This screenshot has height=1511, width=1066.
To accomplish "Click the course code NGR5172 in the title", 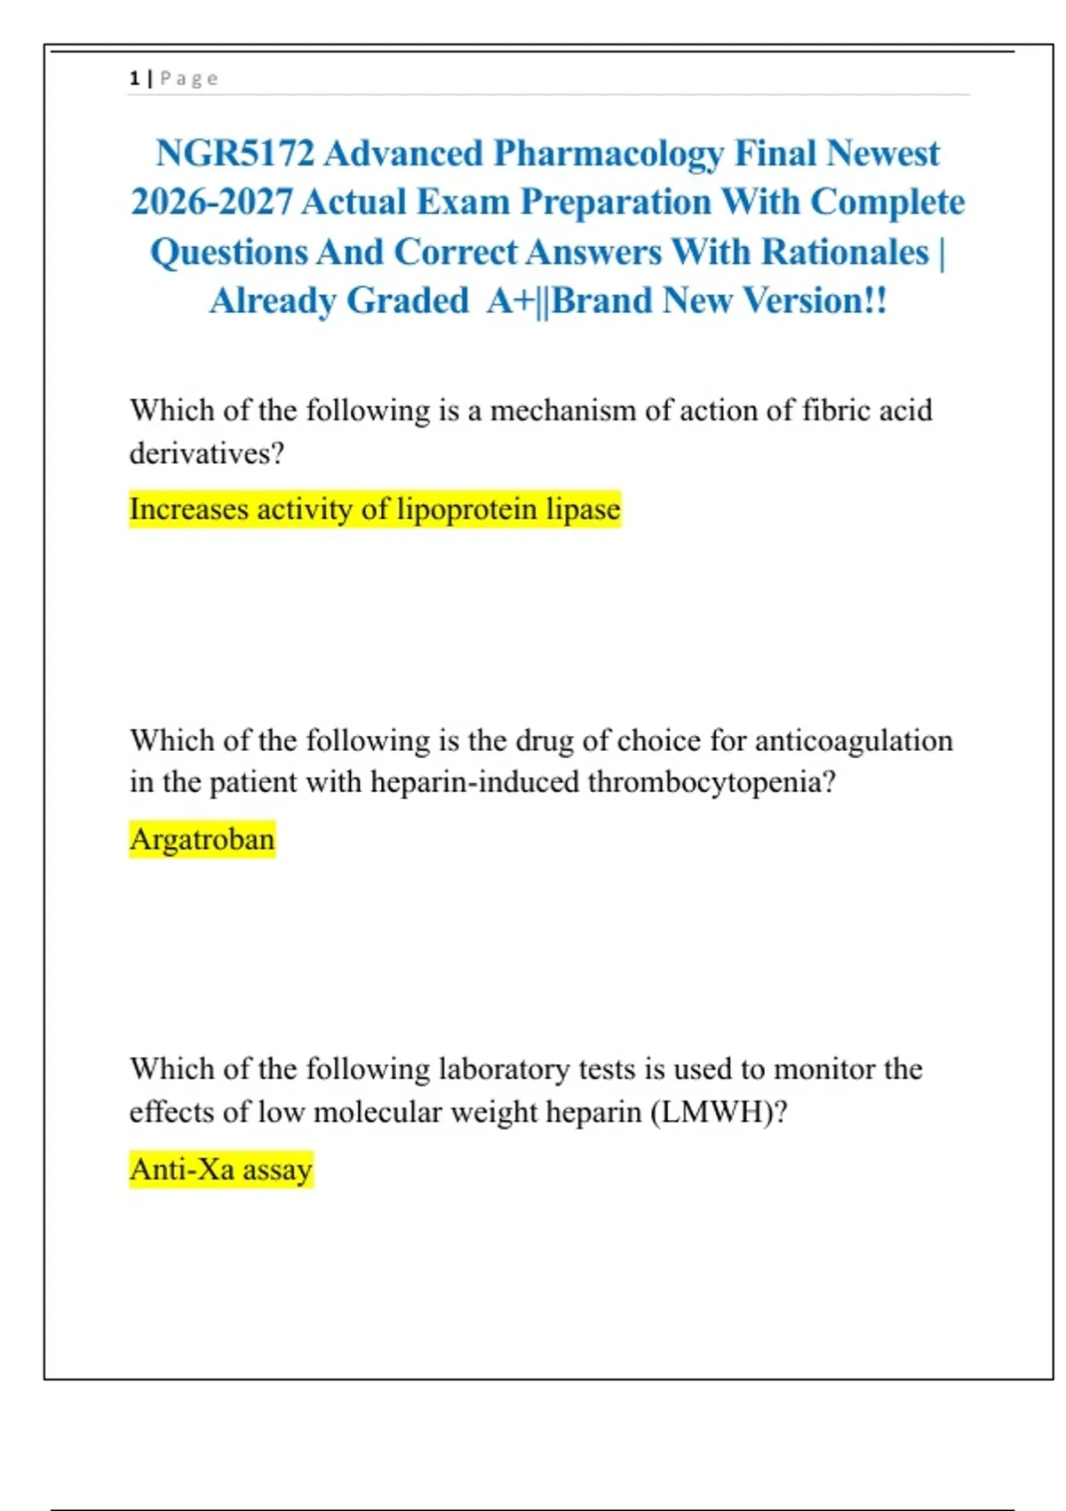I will pyautogui.click(x=235, y=154).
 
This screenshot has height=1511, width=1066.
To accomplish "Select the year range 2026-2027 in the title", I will pyautogui.click(x=211, y=203).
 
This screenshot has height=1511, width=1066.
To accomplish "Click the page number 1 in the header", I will pyautogui.click(x=134, y=78).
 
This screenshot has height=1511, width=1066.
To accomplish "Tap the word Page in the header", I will pyautogui.click(x=188, y=78).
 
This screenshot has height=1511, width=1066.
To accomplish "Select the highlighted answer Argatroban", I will pyautogui.click(x=203, y=839).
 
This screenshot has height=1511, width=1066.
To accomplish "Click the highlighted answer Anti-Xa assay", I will pyautogui.click(x=221, y=1169).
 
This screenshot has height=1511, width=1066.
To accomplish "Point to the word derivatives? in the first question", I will pyautogui.click(x=207, y=453).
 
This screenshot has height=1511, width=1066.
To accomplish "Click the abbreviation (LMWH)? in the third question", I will pyautogui.click(x=719, y=1112).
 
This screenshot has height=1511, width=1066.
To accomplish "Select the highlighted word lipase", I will pyautogui.click(x=583, y=509).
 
